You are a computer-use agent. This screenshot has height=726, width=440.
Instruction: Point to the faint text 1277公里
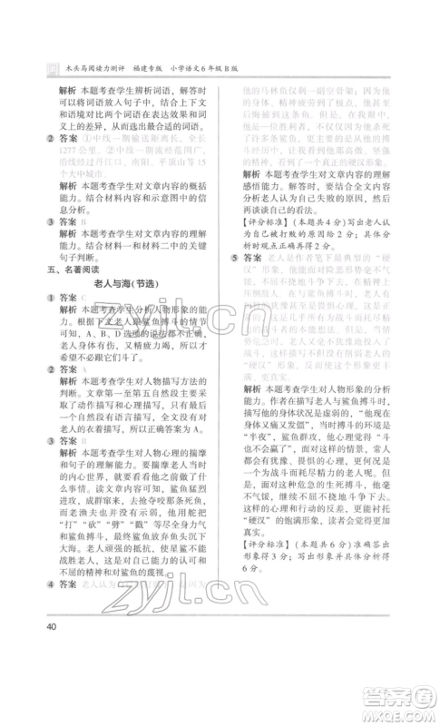click(74, 152)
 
